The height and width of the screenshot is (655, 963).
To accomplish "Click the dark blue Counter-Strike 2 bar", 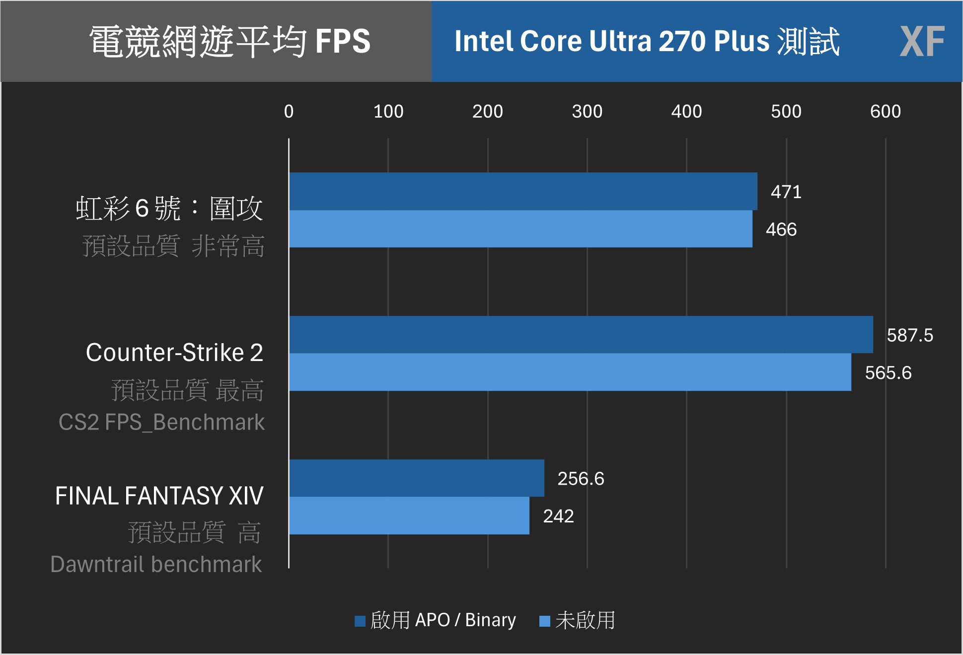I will [581, 335].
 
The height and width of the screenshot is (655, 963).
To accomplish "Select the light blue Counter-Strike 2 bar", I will [570, 372].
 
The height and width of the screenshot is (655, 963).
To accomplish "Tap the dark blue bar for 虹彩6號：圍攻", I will [523, 191].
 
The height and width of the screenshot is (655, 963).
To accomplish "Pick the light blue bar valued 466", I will [520, 229].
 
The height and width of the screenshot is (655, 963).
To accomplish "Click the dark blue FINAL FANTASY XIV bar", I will [416, 478].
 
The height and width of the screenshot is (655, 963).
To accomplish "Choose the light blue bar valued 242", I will [409, 515].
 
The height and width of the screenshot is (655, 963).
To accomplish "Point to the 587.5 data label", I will [909, 335].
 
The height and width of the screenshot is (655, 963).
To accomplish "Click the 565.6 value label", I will [888, 373].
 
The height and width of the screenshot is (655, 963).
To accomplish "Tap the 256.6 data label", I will [581, 479].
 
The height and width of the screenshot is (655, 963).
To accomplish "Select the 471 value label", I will [786, 192].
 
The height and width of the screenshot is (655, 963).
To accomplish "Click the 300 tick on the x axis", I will [587, 111].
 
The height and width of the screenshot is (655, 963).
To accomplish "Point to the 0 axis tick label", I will [289, 111].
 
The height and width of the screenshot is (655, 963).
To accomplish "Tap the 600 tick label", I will [885, 111].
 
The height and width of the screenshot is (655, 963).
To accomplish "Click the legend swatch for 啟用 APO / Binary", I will [360, 621].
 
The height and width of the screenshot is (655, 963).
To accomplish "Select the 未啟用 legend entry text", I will [585, 620].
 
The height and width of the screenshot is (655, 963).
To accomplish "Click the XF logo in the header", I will [922, 42].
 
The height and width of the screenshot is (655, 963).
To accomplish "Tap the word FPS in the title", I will [343, 41].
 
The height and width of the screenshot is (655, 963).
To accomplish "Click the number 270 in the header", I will [682, 41].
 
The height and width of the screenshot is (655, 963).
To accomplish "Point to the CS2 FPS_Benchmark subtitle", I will [161, 422].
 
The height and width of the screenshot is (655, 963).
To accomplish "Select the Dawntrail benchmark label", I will [156, 564].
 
